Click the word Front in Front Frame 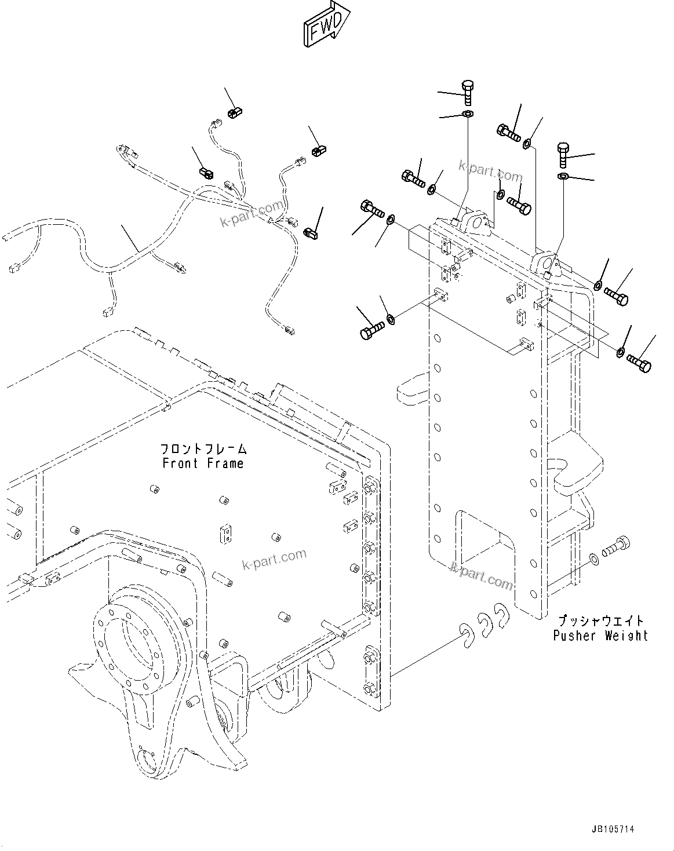(x=180, y=463)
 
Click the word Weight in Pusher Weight (x=626, y=635)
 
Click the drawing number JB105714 (x=613, y=830)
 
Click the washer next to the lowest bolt (x=593, y=558)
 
